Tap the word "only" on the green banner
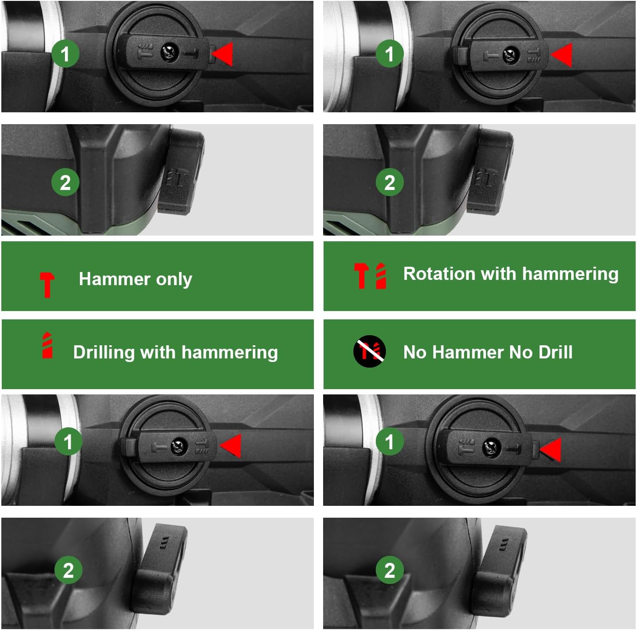click(x=174, y=280)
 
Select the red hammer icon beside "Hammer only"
click(x=47, y=285)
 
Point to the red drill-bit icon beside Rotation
click(x=381, y=276)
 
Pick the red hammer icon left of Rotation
click(x=361, y=276)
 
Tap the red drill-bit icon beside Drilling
click(x=47, y=345)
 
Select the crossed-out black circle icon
click(x=370, y=351)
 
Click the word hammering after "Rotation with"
click(x=570, y=274)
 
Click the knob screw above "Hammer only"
click(x=170, y=53)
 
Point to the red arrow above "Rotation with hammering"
click(x=561, y=55)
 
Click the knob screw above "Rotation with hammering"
click(x=511, y=55)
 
